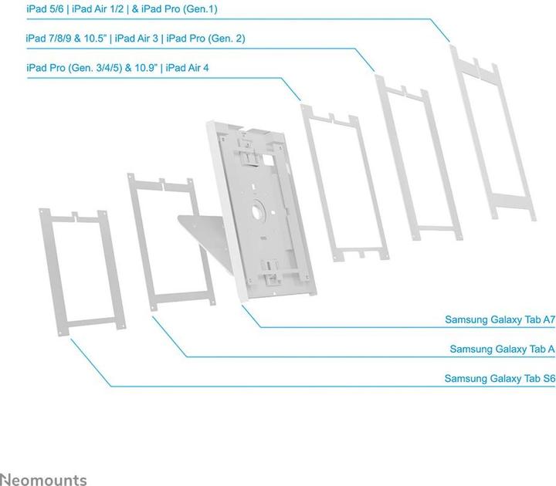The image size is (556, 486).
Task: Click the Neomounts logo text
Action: [44, 479]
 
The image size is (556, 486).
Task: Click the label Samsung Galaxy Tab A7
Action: [500, 319]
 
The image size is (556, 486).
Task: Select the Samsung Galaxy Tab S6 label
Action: [500, 379]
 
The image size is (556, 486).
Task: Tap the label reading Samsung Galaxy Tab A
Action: [503, 349]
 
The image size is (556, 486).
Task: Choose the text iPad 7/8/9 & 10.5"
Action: [66, 38]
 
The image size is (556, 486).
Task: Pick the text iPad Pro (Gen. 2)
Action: [206, 38]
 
